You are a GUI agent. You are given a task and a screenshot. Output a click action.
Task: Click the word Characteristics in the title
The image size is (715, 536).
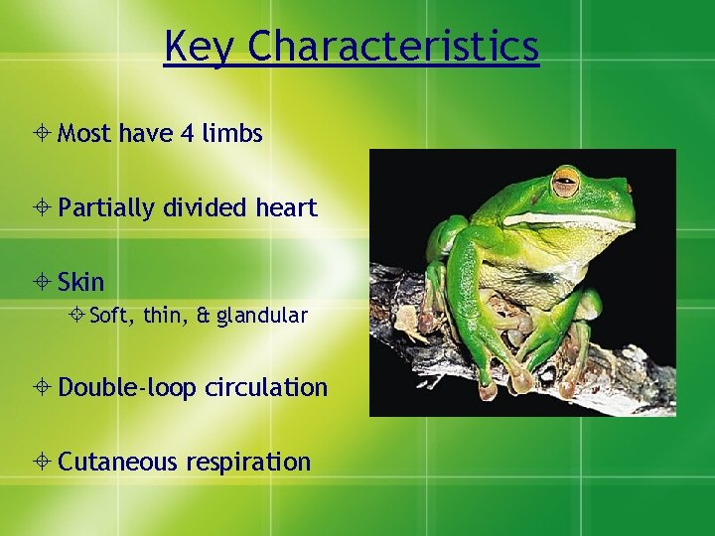[394, 47]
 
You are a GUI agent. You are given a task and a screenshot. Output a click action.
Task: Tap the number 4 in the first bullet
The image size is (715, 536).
[187, 133]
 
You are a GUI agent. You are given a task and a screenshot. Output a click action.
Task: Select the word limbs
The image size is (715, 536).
[232, 133]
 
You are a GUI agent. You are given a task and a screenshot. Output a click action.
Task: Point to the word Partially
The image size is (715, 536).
[106, 208]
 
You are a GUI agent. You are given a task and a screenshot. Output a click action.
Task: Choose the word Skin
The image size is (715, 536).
[80, 283]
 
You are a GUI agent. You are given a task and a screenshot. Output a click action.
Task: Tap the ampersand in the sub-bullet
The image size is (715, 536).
[203, 317]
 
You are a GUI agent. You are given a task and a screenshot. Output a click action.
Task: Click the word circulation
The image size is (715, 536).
[266, 387]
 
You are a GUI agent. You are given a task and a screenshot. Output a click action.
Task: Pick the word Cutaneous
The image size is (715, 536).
[115, 463]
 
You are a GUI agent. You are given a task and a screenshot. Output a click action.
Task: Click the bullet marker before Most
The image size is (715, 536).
[46, 134]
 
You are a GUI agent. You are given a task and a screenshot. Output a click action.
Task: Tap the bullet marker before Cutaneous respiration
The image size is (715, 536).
[46, 463]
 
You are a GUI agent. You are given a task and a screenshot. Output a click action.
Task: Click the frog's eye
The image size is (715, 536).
[566, 183]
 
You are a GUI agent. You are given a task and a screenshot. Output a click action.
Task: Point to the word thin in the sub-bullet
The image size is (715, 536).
[163, 317]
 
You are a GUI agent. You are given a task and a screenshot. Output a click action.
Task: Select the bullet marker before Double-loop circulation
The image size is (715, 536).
[46, 388]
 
